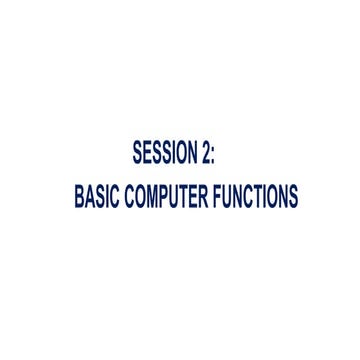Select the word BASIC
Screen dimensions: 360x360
[x=98, y=196]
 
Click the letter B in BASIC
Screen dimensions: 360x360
[x=79, y=196]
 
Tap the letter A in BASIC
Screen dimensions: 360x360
[x=90, y=196]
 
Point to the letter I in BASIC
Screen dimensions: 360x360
[x=108, y=196]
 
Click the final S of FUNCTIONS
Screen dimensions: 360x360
[x=292, y=196]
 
